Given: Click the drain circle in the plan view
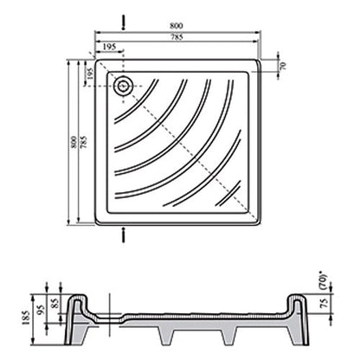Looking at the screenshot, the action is pos(124,86).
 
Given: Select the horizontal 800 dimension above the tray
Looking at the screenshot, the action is pos(176,26).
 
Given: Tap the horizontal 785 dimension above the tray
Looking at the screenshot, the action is pos(177,37).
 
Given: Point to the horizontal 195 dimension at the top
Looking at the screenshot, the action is pos(109,47).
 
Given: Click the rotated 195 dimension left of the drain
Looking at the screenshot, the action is pos(91,74).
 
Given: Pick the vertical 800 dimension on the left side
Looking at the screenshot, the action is pos(74,142).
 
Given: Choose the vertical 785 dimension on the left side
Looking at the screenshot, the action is pos(84,142).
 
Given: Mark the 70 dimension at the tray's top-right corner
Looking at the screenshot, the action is pos(283,66).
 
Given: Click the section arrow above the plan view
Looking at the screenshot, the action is pos(124,22).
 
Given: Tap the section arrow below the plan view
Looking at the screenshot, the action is pos(124,235).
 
